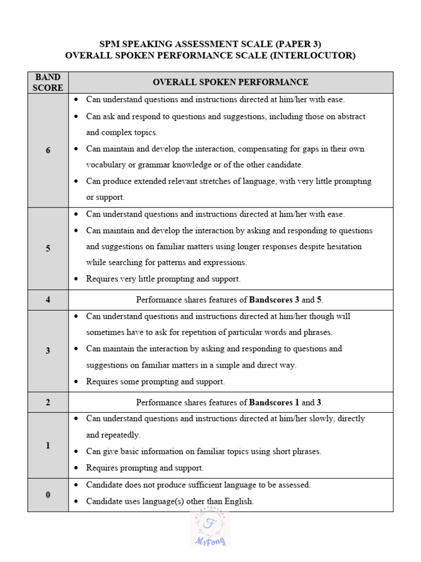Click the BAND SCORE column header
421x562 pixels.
(x=48, y=82)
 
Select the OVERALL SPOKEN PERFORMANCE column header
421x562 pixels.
(x=230, y=82)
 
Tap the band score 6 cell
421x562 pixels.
(x=48, y=150)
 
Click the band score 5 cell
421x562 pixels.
(x=48, y=249)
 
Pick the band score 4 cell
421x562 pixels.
(x=48, y=300)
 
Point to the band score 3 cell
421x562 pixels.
(x=48, y=351)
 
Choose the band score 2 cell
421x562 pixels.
(x=48, y=402)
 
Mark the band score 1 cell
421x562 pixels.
(x=48, y=446)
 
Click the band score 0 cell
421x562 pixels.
(x=48, y=495)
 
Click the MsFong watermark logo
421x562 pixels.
(x=210, y=527)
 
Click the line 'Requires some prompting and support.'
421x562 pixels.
(x=156, y=381)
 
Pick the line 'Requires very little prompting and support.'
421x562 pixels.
(x=163, y=279)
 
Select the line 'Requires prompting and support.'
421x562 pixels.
(x=145, y=468)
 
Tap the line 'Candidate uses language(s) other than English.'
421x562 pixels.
(x=170, y=501)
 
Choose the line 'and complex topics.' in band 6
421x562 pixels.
(x=122, y=132)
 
